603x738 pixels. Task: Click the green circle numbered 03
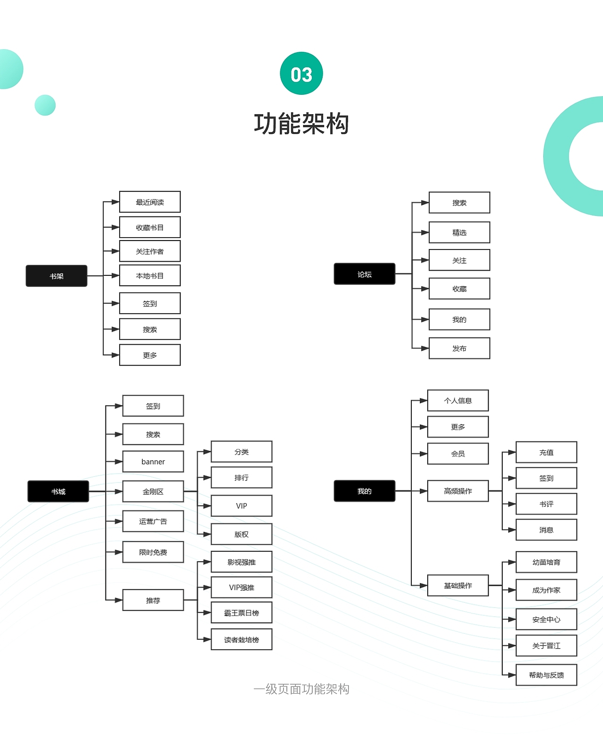tap(301, 74)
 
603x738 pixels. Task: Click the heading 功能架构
tap(301, 124)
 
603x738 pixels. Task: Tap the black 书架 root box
tap(57, 276)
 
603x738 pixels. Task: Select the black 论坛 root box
tap(364, 274)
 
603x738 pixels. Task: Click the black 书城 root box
tap(58, 491)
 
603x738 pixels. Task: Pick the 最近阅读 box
tap(150, 202)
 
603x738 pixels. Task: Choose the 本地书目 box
tap(150, 275)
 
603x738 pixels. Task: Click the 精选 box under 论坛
tap(459, 232)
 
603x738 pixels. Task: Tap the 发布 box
tap(459, 348)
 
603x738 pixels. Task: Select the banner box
tap(153, 462)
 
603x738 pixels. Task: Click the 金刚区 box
tap(153, 491)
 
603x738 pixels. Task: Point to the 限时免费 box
tap(153, 552)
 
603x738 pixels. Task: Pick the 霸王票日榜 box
tap(242, 613)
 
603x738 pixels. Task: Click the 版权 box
tap(242, 534)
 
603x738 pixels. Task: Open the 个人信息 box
tap(458, 400)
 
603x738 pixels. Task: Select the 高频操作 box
tap(458, 491)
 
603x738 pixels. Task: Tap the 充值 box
tap(546, 452)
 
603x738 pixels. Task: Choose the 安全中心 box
tap(546, 619)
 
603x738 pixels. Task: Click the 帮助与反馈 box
tap(546, 675)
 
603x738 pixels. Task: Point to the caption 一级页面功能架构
tap(301, 689)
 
